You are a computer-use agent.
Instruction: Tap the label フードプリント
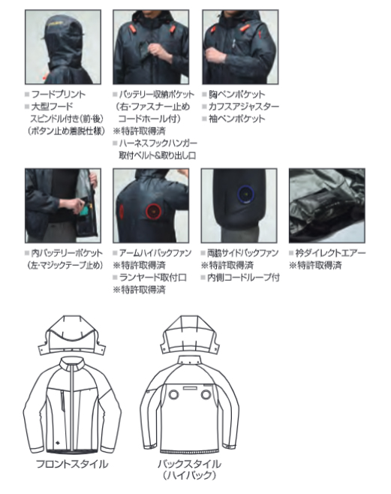pos(59,94)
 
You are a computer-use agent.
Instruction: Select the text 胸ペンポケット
pos(237,94)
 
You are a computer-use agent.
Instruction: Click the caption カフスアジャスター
pos(244,107)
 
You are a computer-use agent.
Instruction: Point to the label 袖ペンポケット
pos(237,119)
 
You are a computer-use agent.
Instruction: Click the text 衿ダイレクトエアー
pos(330,253)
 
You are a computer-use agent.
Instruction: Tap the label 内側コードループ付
pos(243,278)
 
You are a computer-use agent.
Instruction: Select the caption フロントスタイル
pos(72,464)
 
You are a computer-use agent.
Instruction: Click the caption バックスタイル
pos(190,464)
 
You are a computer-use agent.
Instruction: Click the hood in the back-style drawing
pos(190,334)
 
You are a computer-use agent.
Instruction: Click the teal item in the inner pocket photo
pos(83,212)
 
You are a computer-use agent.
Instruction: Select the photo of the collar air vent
pos(327,206)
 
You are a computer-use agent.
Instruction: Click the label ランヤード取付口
pos(152,278)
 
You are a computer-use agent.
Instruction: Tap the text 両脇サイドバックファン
pos(242,253)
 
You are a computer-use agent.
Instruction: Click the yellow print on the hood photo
pos(57,24)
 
